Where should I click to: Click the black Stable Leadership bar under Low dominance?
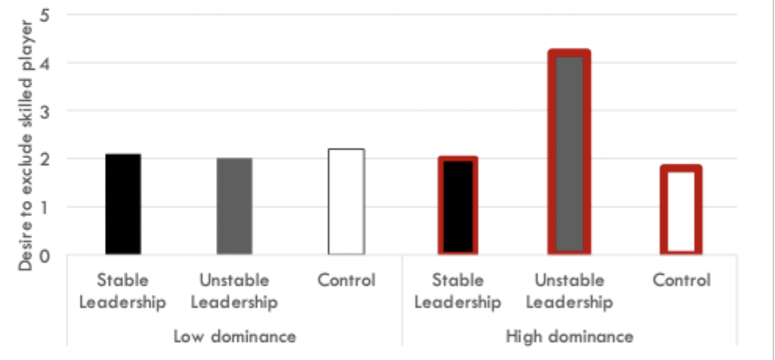coord(123,203)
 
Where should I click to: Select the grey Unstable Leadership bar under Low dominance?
coord(234,206)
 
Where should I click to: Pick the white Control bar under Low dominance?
coord(346,201)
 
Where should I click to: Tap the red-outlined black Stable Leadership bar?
coord(458,205)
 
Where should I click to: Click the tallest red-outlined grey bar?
coord(569,152)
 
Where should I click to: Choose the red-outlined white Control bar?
coord(680,210)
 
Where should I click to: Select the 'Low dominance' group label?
coord(234,337)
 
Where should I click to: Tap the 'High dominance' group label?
coord(569,337)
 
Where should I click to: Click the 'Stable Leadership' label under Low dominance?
coord(123,291)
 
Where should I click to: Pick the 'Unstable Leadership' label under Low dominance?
coord(234,291)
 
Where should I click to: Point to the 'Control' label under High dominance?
coord(680,280)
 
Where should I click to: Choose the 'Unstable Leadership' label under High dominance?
coord(569,291)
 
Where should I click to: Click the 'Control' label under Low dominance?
coord(346,280)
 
